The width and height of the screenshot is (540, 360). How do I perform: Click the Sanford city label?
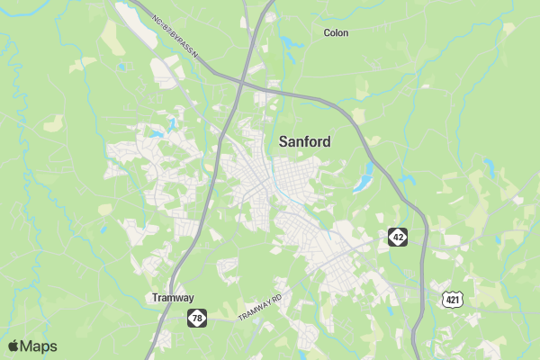pos(304,141)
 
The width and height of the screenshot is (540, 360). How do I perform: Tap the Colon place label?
pos(336,32)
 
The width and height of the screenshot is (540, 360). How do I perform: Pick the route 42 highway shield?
pos(398,237)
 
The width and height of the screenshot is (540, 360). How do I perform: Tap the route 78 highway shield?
pos(197,317)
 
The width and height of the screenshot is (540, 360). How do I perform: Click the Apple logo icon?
pos(13,346)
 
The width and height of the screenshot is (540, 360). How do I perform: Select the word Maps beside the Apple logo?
pos(39,346)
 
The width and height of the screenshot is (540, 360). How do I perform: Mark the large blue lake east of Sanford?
pos(363,184)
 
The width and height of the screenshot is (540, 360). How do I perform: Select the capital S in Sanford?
pos(283,141)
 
